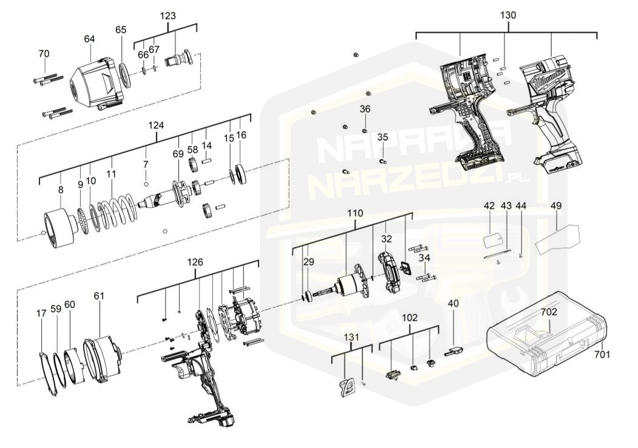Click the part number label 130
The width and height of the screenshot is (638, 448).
(507, 15)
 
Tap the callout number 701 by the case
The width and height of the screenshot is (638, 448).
(602, 355)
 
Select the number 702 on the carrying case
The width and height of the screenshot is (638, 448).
(549, 312)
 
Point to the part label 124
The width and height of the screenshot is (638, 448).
(156, 125)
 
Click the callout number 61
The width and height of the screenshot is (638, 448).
(99, 296)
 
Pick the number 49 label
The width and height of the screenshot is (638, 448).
(556, 206)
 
